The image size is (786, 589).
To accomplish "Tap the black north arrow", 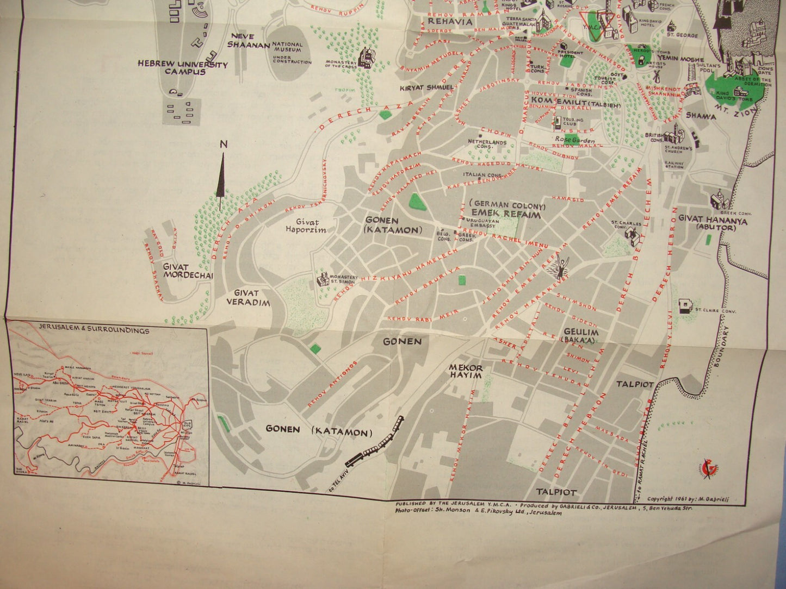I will [x=221, y=177].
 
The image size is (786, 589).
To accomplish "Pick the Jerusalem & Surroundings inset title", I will [x=94, y=330].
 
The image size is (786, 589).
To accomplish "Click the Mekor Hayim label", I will [x=465, y=371].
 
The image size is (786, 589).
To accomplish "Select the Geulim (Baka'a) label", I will [x=581, y=335].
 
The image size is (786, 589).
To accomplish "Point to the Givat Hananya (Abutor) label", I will [x=712, y=224].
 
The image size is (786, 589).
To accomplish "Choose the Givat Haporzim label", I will [x=307, y=225].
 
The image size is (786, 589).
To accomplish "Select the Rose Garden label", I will [x=575, y=140].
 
